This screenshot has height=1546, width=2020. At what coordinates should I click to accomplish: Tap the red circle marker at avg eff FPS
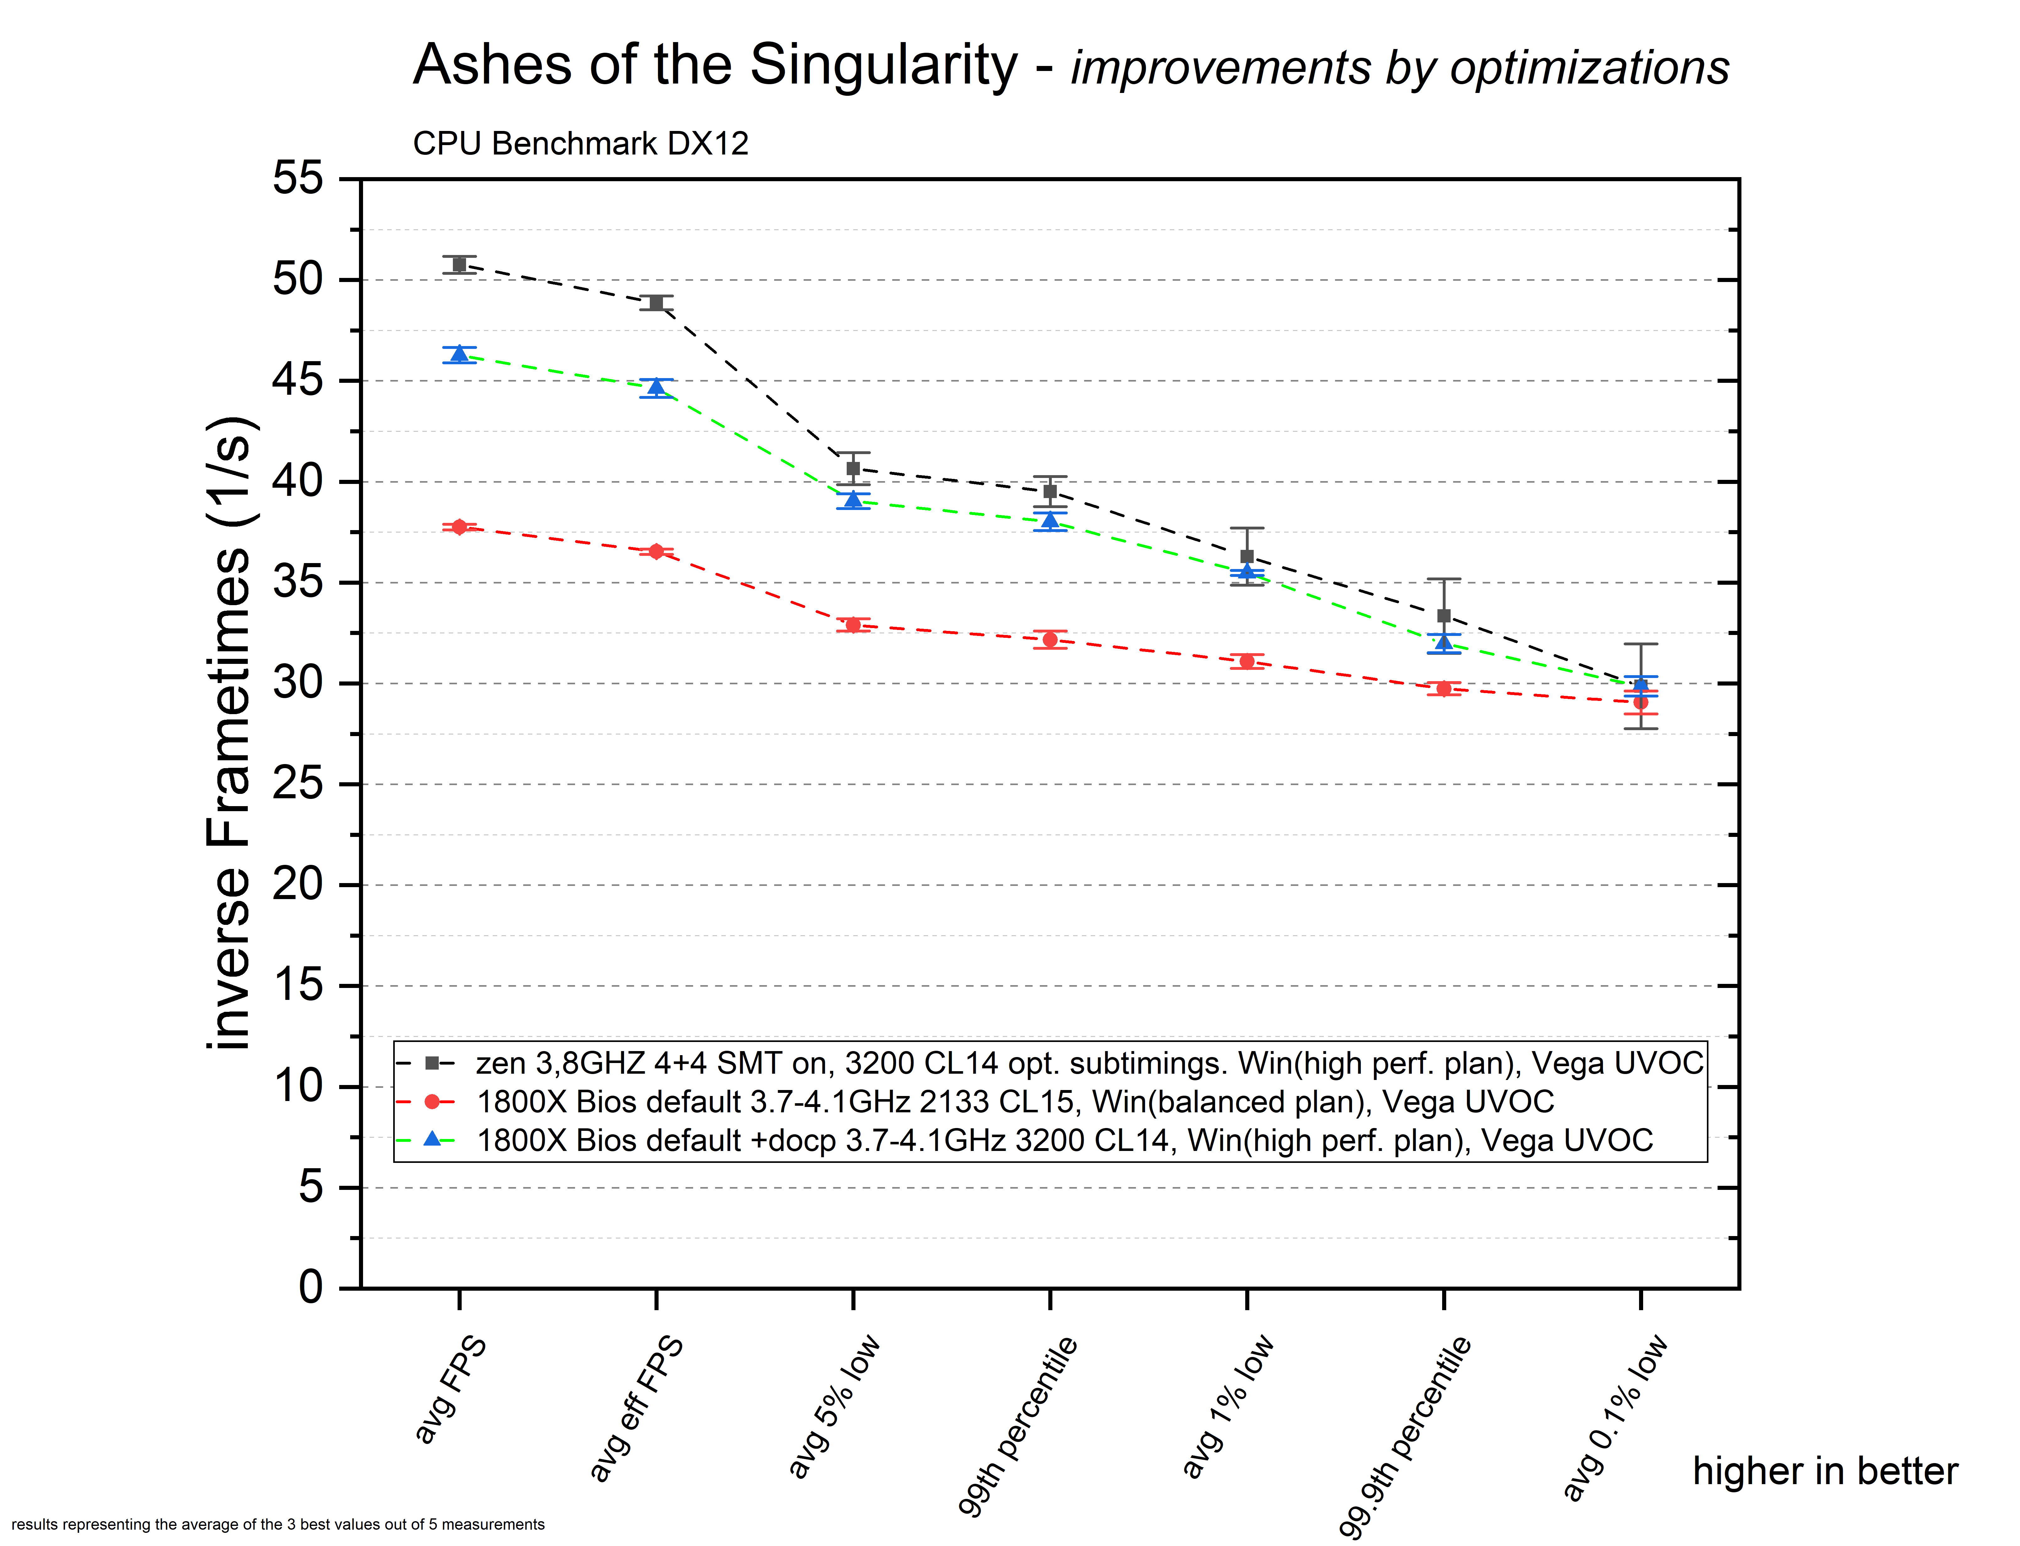[x=656, y=551]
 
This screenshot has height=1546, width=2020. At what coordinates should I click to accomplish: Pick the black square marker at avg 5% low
[x=853, y=469]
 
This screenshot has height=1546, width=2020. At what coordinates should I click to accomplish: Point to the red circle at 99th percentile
[x=1050, y=640]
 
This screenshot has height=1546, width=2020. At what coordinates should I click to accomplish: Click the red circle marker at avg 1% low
[x=1247, y=662]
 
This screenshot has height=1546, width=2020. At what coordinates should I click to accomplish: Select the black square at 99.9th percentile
[x=1444, y=616]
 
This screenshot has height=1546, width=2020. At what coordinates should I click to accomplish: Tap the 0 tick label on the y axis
[x=311, y=1288]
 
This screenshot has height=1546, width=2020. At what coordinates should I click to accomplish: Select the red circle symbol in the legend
[x=432, y=1102]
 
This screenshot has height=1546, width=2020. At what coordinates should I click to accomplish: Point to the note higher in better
[x=1825, y=1472]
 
